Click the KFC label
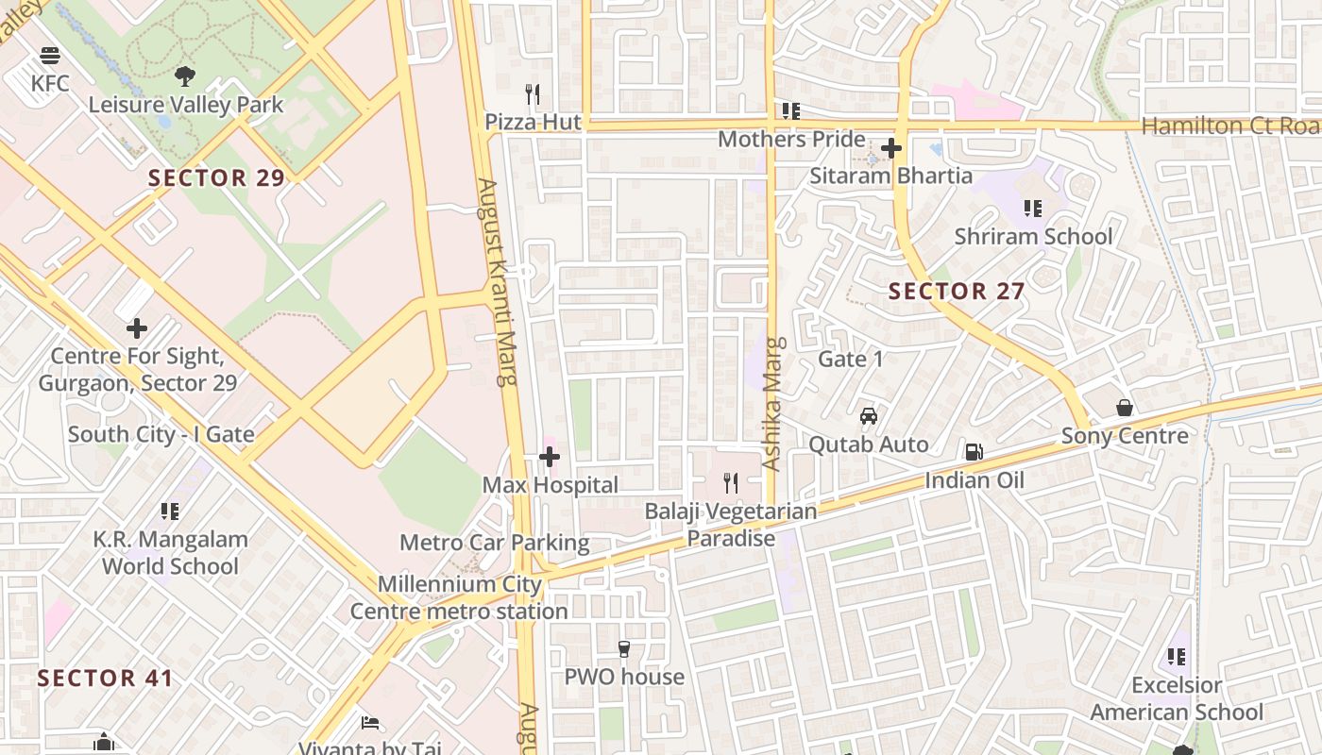50,83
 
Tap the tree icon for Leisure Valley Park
185,76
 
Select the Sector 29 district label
216,177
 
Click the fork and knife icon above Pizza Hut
533,94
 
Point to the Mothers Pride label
791,140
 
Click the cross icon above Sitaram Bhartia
890,148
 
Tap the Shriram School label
1033,236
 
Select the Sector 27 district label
957,292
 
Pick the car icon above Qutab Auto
868,416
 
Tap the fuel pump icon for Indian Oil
974,452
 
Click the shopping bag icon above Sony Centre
1125,408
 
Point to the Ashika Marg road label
773,404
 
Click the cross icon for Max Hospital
550,458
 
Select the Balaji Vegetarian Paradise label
730,525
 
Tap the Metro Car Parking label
494,543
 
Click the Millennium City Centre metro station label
459,597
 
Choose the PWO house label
623,677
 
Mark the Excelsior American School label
1177,698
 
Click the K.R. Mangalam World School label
170,553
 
